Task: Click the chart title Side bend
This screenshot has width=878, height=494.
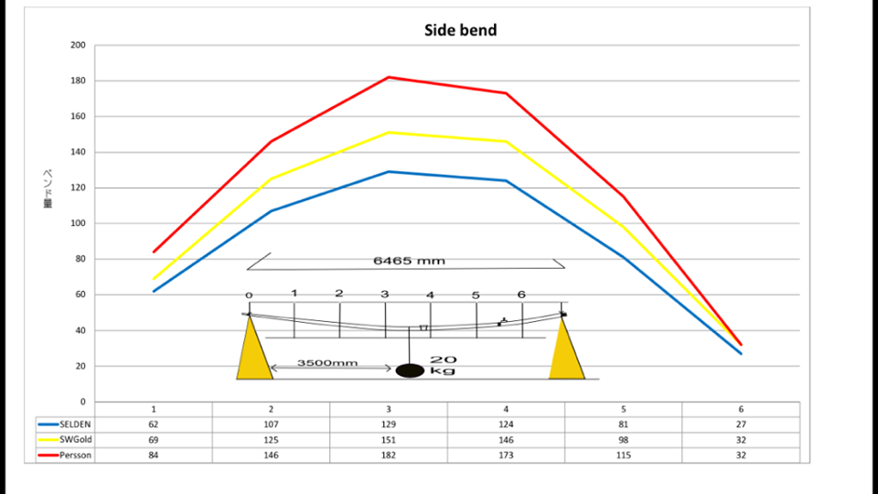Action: tap(461, 30)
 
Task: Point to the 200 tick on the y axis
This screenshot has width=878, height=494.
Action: tap(78, 45)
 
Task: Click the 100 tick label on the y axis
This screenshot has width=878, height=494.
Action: tap(78, 223)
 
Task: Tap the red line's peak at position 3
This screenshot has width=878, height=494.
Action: tap(389, 77)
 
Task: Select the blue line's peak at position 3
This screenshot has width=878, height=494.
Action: tap(389, 171)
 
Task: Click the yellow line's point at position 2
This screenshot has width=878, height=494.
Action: tap(271, 178)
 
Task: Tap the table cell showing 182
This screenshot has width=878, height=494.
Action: tap(389, 456)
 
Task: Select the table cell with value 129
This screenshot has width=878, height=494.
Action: tap(389, 424)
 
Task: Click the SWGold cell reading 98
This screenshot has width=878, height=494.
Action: tap(624, 440)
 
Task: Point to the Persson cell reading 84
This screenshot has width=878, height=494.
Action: tap(154, 456)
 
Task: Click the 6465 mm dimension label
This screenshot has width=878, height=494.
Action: tap(409, 261)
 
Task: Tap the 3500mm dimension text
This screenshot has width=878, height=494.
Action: tap(327, 363)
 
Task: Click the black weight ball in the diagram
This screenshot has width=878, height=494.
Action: tap(410, 370)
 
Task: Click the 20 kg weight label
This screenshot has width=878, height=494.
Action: tap(443, 366)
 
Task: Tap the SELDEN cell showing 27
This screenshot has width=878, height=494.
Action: tap(741, 424)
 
